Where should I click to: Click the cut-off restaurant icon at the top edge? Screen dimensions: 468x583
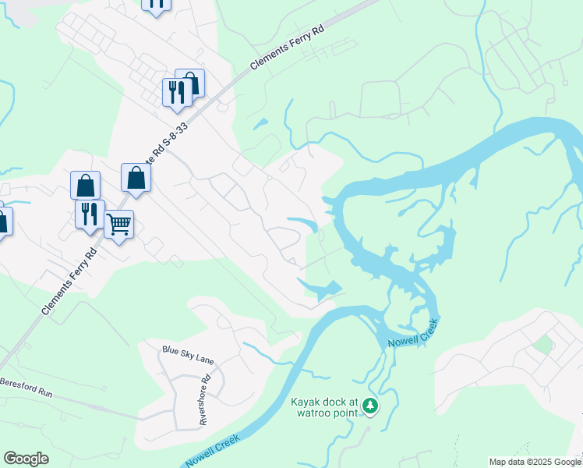coord(157,4)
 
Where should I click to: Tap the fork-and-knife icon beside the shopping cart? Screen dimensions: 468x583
coord(90,212)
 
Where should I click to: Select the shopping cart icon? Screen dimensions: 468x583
coord(118,225)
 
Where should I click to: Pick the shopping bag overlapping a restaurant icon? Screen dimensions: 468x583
coord(190,83)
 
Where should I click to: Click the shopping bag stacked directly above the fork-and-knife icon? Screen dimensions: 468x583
coord(85,186)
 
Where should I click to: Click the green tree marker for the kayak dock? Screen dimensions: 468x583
coord(371,405)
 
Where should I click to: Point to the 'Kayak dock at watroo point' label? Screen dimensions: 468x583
coord(323,408)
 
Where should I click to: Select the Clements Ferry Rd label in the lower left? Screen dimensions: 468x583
coord(69,281)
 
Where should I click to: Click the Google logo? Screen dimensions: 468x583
coord(26,459)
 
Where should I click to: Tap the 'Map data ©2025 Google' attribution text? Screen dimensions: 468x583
coord(534,462)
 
